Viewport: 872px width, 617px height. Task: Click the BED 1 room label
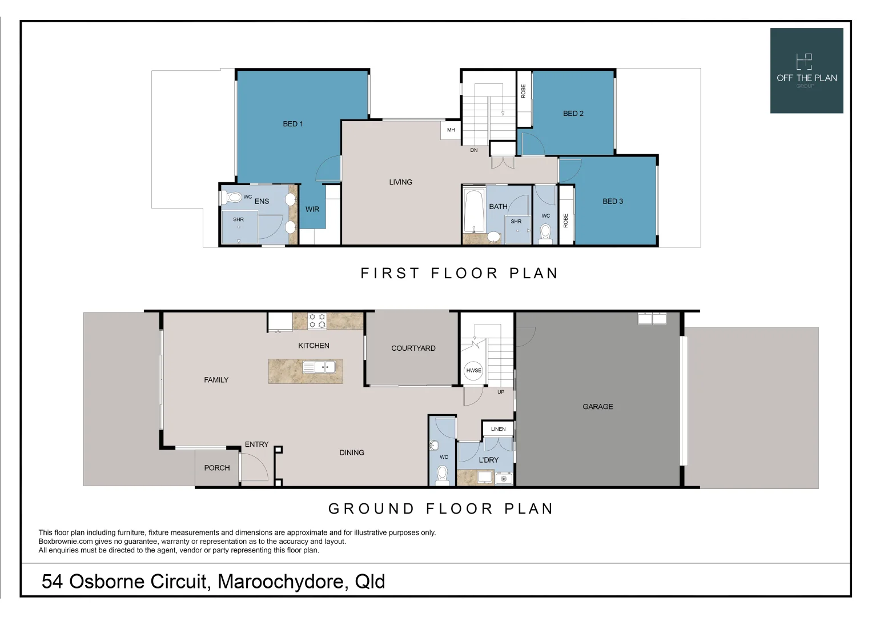pos(293,124)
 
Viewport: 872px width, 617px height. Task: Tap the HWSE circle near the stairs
pos(473,370)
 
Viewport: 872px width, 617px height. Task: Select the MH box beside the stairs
pos(451,130)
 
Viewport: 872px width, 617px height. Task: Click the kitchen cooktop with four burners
pos(317,321)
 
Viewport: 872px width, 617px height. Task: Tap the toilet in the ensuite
pos(232,198)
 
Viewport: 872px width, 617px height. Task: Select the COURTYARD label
pos(413,348)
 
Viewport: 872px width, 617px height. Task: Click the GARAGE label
pos(597,407)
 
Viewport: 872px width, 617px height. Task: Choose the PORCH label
pos(217,468)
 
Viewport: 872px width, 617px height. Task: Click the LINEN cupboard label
pos(498,429)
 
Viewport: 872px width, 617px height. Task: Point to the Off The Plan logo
pos(806,71)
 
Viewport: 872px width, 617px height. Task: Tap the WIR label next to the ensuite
pos(312,209)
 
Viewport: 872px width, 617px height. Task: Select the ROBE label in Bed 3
pos(566,221)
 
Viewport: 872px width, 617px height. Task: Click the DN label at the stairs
pos(473,150)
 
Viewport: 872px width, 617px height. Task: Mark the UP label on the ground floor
pos(501,392)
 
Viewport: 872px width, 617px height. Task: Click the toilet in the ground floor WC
pos(442,474)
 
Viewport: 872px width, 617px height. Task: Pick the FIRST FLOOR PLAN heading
pos(459,273)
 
